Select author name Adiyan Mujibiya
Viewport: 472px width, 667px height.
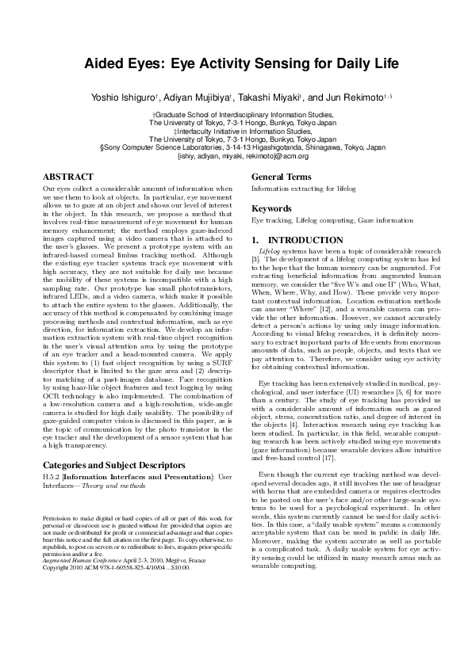click(199, 97)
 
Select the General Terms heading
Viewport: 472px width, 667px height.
click(281, 177)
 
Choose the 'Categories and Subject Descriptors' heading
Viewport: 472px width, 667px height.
click(109, 463)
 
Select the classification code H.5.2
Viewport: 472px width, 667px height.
click(51, 477)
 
